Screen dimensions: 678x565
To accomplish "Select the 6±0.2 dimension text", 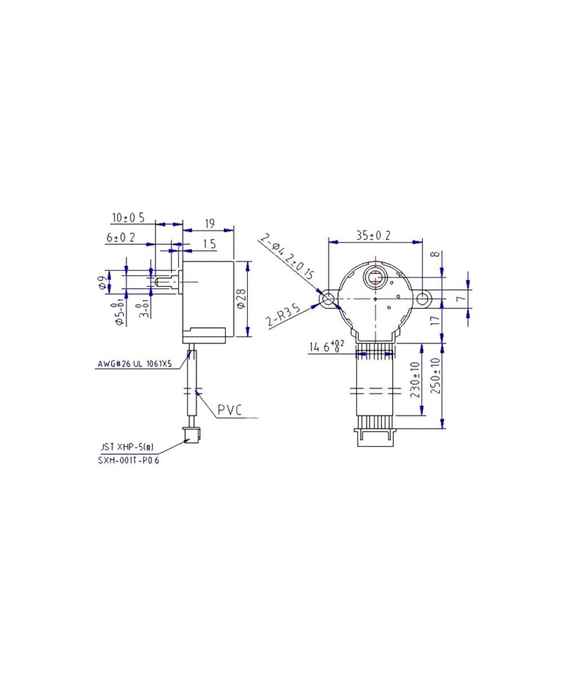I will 120,238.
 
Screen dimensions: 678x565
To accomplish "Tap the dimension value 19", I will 208,224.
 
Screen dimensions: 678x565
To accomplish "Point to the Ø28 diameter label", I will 241,298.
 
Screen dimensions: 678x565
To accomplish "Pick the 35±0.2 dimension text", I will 373,236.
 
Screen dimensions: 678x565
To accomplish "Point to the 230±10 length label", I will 416,380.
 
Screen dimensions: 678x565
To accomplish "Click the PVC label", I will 230,410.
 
